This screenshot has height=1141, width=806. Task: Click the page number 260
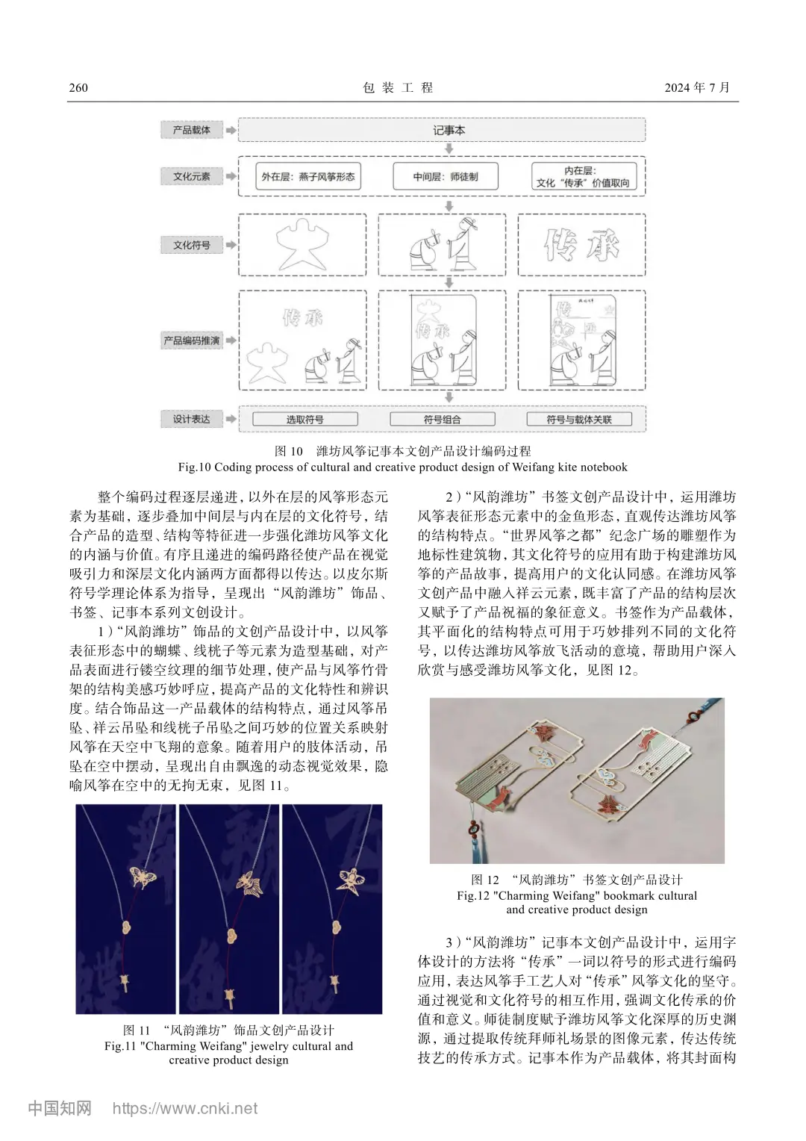click(78, 87)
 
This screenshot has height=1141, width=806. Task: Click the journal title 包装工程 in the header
click(398, 87)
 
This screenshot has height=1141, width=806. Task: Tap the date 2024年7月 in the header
click(696, 87)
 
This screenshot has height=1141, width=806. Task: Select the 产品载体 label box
click(192, 130)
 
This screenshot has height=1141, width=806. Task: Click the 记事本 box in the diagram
click(449, 130)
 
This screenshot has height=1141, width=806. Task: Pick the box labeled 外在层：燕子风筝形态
click(307, 177)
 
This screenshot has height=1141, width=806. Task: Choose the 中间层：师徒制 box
click(445, 177)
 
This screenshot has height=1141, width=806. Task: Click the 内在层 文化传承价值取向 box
click(583, 177)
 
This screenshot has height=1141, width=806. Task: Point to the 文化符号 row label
click(192, 245)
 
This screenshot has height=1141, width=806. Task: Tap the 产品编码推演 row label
click(192, 341)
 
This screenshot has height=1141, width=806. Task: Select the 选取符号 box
click(304, 420)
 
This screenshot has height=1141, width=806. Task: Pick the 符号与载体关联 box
click(578, 420)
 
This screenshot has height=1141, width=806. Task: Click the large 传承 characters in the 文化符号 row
click(581, 245)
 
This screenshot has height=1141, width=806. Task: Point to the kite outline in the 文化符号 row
click(302, 245)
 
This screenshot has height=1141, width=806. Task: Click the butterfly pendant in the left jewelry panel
click(142, 875)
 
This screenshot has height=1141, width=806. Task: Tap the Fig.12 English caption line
click(577, 895)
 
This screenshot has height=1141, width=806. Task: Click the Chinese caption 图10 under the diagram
click(402, 451)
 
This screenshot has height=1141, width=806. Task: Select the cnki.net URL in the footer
click(184, 1108)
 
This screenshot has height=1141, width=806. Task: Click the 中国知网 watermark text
click(60, 1108)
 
